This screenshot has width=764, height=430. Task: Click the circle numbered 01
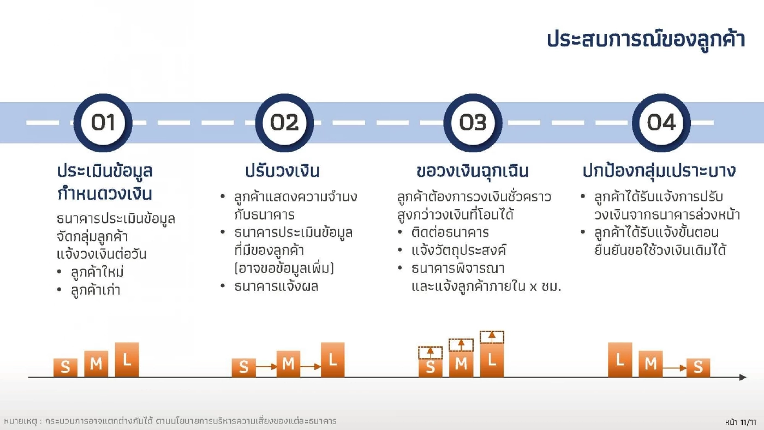pyautogui.click(x=103, y=123)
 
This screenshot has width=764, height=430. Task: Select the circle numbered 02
pyautogui.click(x=284, y=123)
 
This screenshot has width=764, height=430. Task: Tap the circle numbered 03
pyautogui.click(x=473, y=123)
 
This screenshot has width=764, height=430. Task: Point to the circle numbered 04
pyautogui.click(x=661, y=123)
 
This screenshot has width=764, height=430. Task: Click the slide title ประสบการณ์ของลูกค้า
pyautogui.click(x=646, y=40)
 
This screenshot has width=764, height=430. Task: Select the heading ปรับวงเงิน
pyautogui.click(x=282, y=171)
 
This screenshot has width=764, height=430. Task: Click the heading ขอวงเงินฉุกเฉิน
pyautogui.click(x=472, y=171)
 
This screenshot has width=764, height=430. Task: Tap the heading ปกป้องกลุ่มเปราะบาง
pyautogui.click(x=659, y=171)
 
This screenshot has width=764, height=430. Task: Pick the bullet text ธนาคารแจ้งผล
pyautogui.click(x=276, y=286)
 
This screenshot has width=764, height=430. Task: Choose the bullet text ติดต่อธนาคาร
pyautogui.click(x=450, y=233)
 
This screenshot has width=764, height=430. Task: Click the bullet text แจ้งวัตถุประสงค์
pyautogui.click(x=459, y=251)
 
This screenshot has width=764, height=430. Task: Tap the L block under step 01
pyautogui.click(x=127, y=360)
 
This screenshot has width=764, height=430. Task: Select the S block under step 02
pyautogui.click(x=243, y=367)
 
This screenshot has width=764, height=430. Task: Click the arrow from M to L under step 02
pyautogui.click(x=311, y=367)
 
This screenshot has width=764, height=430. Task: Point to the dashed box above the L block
pyautogui.click(x=492, y=337)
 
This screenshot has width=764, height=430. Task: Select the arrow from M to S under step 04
pyautogui.click(x=675, y=368)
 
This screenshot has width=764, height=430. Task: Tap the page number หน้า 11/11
pyautogui.click(x=741, y=422)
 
